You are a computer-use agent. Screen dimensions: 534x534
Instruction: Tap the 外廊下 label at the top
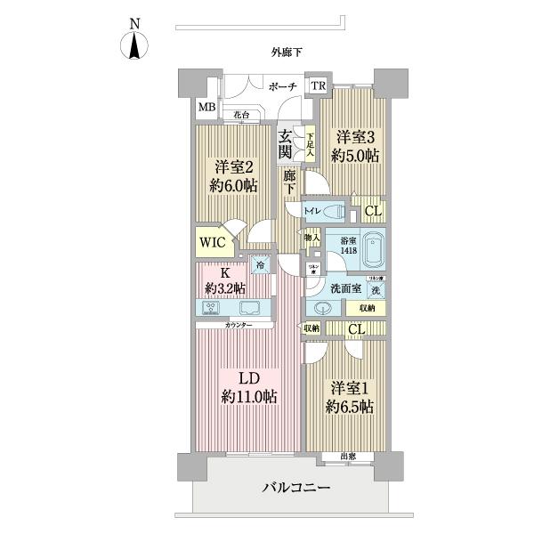tap(287, 53)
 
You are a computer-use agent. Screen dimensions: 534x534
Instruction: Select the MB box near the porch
tap(206, 108)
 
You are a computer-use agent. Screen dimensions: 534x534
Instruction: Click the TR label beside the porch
tap(318, 86)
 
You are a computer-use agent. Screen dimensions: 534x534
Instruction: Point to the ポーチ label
tap(281, 87)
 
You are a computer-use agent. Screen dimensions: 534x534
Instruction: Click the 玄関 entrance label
tap(285, 143)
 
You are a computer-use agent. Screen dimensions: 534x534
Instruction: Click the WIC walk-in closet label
tap(211, 240)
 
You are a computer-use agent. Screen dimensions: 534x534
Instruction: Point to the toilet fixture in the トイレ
tap(335, 212)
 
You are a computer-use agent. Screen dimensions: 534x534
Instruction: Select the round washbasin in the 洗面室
tap(323, 307)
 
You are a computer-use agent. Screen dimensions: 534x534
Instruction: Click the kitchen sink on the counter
tap(248, 308)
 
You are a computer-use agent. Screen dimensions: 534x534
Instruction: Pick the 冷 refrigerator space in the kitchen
tap(261, 264)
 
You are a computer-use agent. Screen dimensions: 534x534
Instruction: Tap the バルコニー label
tap(296, 488)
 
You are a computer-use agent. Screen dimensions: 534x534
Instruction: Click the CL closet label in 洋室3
tap(374, 212)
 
